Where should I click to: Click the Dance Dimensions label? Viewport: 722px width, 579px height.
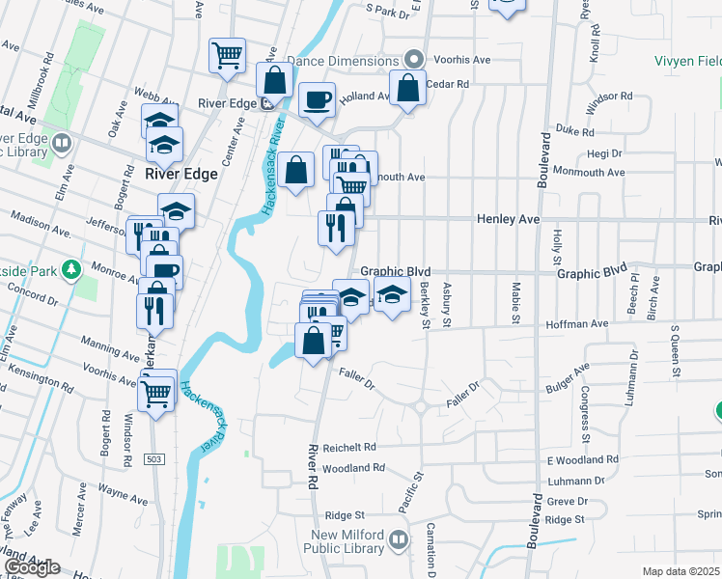[x=344, y=61]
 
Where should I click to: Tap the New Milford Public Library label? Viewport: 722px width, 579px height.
[x=362, y=543]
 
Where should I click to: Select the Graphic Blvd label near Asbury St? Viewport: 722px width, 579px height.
[x=396, y=273]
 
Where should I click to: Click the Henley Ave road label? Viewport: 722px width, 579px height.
[x=508, y=220]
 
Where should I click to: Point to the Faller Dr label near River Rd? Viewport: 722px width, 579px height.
[x=354, y=379]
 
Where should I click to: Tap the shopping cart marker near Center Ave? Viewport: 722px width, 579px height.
[x=227, y=54]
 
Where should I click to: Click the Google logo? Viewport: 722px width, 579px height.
[x=32, y=567]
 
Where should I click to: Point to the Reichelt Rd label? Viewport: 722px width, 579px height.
[x=348, y=448]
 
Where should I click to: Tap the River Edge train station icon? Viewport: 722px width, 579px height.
[x=265, y=105]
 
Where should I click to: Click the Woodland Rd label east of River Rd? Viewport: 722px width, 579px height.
[x=354, y=468]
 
